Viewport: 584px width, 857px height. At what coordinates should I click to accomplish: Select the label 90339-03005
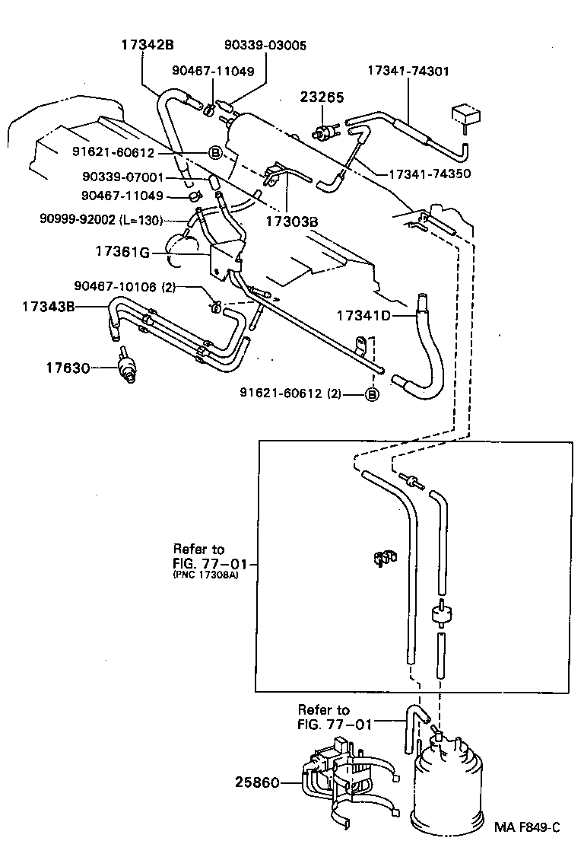(265, 46)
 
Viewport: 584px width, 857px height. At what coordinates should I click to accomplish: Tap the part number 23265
(322, 97)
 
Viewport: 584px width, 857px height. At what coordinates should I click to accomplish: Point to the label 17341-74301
(408, 71)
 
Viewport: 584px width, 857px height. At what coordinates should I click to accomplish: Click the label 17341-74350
(431, 174)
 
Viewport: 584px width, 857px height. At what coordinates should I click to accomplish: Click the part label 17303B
(291, 222)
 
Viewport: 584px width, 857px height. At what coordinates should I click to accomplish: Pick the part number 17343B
(49, 307)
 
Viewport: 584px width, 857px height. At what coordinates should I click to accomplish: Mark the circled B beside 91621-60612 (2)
(372, 393)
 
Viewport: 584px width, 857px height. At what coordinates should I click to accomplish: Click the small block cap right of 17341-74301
(466, 115)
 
